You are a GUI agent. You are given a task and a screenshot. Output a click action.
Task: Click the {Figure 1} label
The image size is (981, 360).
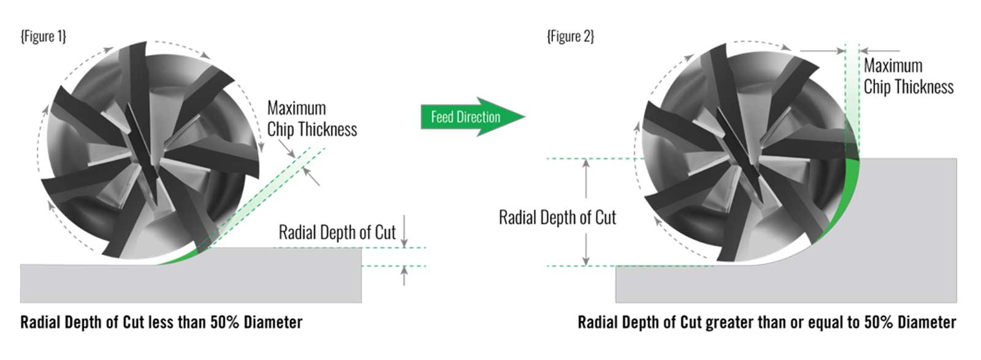[x=43, y=37]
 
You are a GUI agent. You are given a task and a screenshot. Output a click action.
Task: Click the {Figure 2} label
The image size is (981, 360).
[x=570, y=37]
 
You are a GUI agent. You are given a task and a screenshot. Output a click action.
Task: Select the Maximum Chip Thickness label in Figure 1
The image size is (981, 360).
[x=311, y=119]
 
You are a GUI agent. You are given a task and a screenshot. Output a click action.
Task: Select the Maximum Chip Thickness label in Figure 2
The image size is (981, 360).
[x=908, y=76]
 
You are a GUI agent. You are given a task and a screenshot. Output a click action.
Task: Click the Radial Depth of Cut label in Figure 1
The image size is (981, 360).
[x=337, y=232]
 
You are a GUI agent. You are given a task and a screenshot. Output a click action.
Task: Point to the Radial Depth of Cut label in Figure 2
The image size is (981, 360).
[x=557, y=218]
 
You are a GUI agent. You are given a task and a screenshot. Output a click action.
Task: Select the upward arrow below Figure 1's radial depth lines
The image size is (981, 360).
[x=404, y=276]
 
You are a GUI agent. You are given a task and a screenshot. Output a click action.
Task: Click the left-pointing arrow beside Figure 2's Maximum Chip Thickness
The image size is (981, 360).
[x=880, y=51]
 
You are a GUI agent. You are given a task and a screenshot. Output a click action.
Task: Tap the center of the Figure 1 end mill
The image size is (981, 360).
[x=150, y=150]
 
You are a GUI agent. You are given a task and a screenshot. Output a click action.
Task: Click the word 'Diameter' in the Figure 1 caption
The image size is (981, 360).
[x=273, y=323]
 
